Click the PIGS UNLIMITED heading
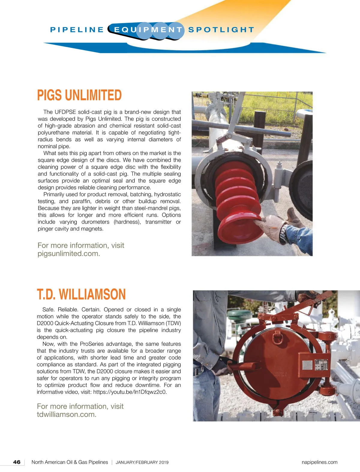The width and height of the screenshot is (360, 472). coord(79,95)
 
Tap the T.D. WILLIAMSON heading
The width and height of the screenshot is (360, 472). coord(81,294)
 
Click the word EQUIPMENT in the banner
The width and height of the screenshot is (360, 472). coord(148,30)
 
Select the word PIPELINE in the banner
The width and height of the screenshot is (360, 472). coord(77,30)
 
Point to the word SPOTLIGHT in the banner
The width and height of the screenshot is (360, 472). coord(221,30)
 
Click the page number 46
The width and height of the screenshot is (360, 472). coord(17,462)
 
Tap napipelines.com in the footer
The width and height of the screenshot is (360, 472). coord(319,462)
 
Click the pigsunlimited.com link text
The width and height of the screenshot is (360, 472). coord(69,254)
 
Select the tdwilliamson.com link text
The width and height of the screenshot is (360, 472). coord(67,414)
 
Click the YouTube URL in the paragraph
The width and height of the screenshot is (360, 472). coord(130,392)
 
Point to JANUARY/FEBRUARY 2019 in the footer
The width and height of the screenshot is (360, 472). coord(142,462)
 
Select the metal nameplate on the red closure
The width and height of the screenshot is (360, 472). coord(321,364)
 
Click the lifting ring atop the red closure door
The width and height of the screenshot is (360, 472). coord(277,337)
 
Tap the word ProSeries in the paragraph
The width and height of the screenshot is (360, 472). coord(92,344)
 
